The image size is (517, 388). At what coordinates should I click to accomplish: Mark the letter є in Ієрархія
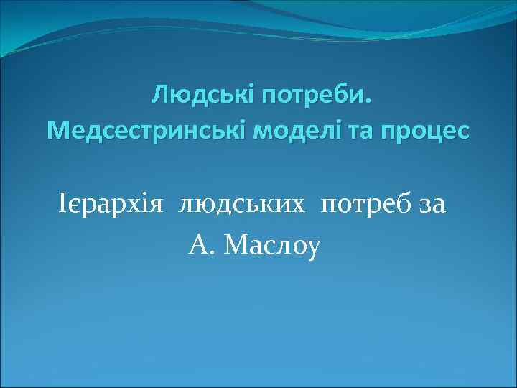[x=74, y=208]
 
